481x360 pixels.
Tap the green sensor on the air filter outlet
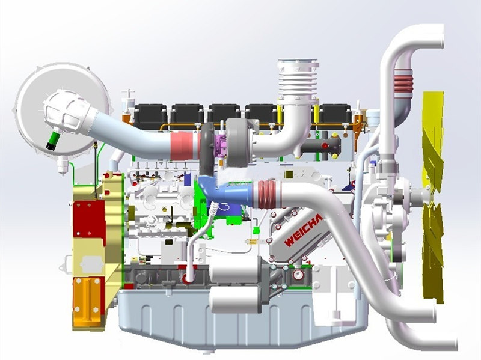[53, 140]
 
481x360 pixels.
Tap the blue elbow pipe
[228, 191]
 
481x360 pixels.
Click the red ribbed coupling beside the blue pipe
[265, 194]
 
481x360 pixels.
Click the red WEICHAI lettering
[304, 230]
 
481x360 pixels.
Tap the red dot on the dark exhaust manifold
[324, 145]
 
